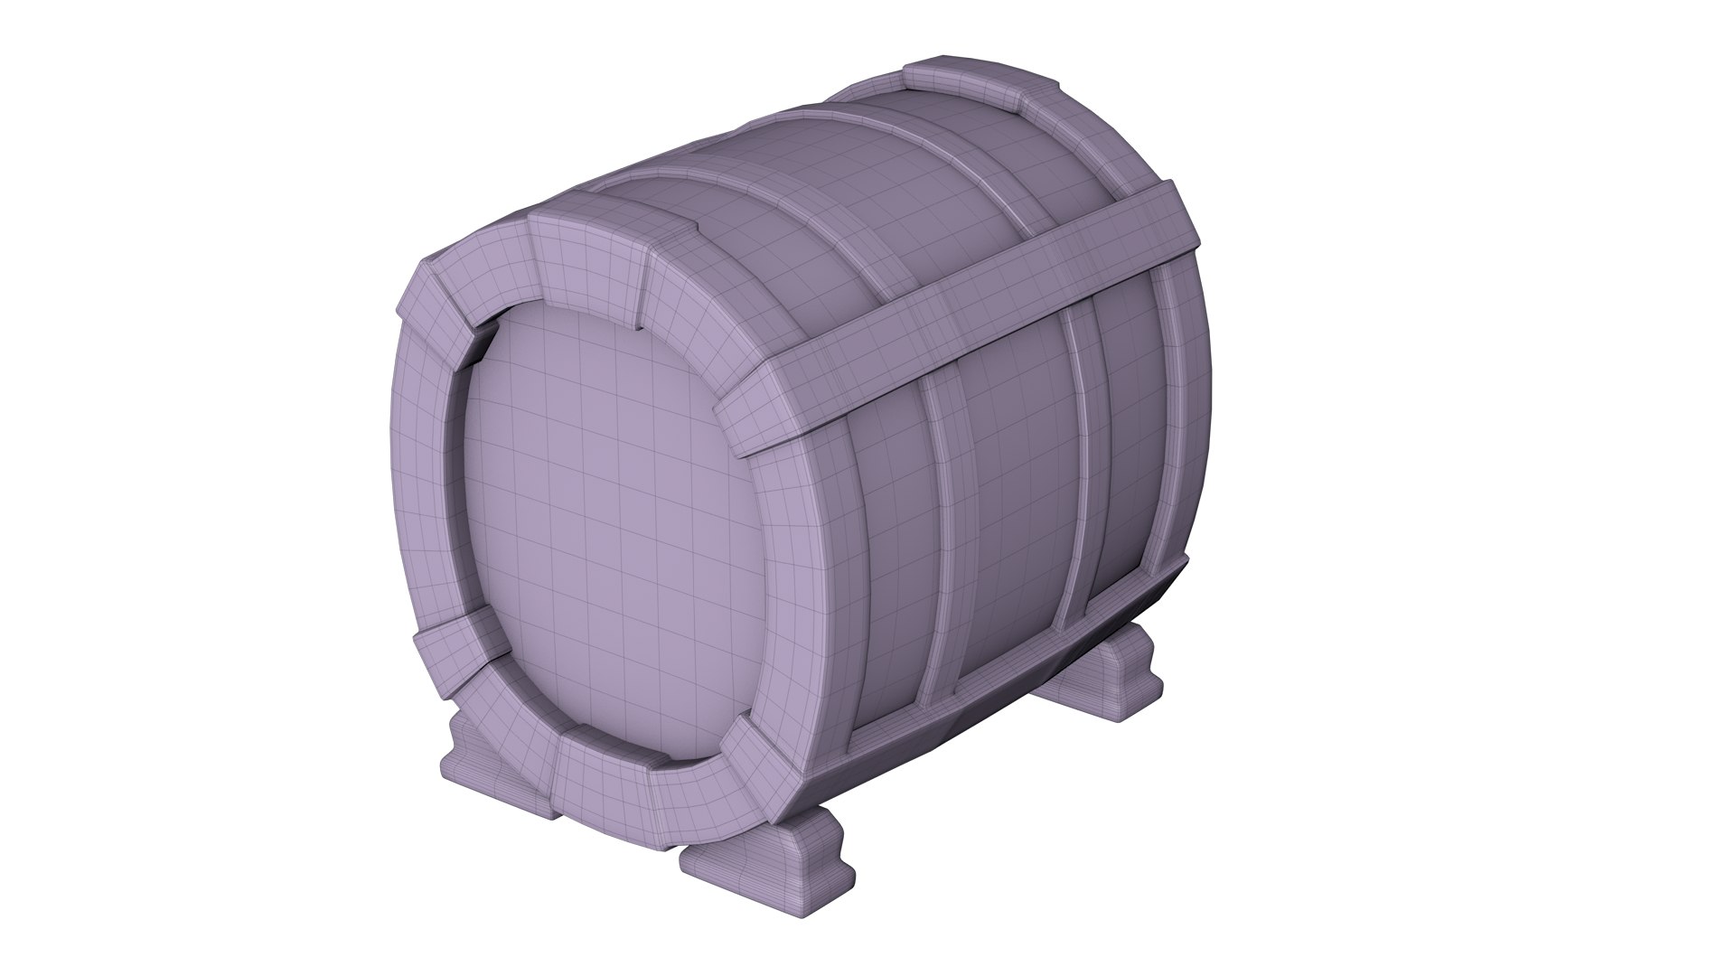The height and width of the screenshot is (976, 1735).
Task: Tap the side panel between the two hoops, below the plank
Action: click(1017, 506)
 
